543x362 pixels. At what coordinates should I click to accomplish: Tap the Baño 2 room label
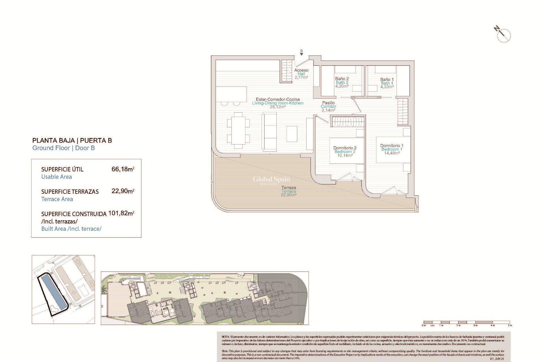tap(342, 79)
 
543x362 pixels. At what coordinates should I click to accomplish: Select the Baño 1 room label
tap(387, 79)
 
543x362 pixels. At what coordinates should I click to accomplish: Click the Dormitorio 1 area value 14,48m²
tap(392, 153)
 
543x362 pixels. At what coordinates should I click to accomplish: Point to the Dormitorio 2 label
tap(345, 148)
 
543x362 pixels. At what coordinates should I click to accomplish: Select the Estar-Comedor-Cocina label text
tap(277, 99)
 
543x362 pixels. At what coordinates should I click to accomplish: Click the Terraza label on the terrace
tap(288, 188)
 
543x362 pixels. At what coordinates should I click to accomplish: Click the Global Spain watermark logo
tap(271, 180)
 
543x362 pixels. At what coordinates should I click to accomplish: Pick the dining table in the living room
tap(238, 130)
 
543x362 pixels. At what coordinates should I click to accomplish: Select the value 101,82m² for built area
tap(121, 213)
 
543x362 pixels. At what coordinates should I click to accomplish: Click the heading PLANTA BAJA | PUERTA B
tap(72, 141)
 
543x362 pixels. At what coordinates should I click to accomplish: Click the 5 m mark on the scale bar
tap(510, 325)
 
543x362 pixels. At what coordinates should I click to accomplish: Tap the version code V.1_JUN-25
tap(497, 359)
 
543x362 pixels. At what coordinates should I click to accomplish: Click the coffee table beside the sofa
tap(292, 134)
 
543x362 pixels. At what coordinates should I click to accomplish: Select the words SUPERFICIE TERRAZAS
tap(70, 192)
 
